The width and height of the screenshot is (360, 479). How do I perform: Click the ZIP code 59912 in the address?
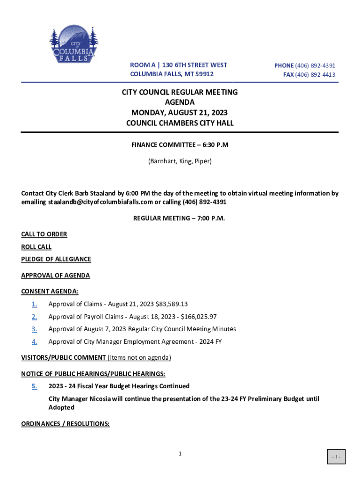(205, 74)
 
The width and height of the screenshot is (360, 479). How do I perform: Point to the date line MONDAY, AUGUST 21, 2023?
(180, 113)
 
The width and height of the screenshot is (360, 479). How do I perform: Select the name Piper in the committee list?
(202, 161)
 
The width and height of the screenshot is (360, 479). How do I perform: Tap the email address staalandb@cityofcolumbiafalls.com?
(101, 202)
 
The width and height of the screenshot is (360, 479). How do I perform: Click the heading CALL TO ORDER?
(44, 234)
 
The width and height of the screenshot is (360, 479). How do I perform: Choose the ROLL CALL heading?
(36, 247)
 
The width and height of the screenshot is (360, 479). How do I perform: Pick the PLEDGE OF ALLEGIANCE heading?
(56, 259)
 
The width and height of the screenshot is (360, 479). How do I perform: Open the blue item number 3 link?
(35, 329)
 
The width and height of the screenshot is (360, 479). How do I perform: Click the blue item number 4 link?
(35, 342)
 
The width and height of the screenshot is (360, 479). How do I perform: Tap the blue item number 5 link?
(35, 386)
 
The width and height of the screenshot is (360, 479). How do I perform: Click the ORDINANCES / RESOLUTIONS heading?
(65, 424)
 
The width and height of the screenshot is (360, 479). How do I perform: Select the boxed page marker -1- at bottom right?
(336, 457)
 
